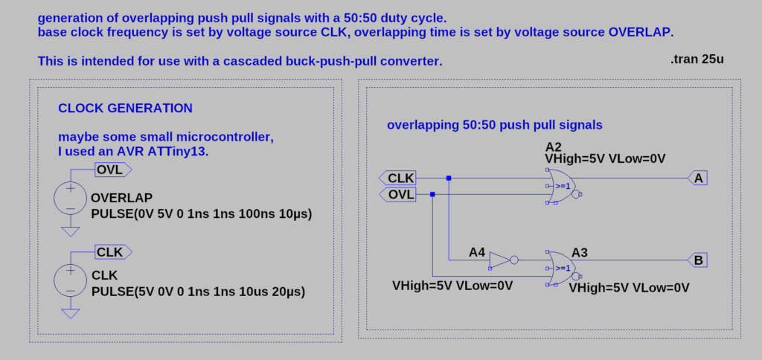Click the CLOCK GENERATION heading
tap(125, 109)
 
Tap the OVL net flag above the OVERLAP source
tap(112, 170)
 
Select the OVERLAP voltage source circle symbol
tap(70, 199)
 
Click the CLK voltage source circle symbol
tap(70, 280)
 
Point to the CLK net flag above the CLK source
tap(112, 252)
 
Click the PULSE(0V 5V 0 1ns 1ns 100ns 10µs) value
tap(201, 214)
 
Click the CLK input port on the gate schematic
tap(397, 178)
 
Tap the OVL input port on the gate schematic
tap(397, 194)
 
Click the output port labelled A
tap(697, 178)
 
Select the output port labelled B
tap(697, 260)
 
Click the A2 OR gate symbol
tap(563, 186)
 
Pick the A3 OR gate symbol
tap(563, 268)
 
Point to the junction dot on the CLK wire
tap(449, 178)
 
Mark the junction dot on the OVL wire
tap(433, 194)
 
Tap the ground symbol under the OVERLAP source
tap(70, 231)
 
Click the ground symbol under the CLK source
tap(70, 313)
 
